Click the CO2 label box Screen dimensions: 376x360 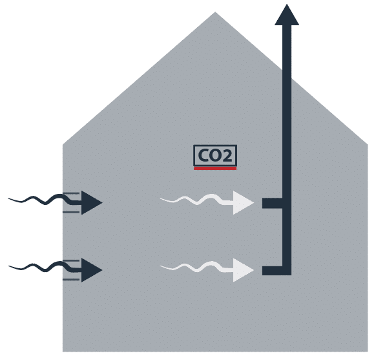pos(215,155)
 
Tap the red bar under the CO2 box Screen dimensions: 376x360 pos(215,169)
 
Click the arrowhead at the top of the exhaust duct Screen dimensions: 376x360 pos(287,14)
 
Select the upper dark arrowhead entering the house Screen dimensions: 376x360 pos(92,203)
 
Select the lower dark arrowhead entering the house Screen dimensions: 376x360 pos(92,270)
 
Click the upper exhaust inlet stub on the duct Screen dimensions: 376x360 pos(273,203)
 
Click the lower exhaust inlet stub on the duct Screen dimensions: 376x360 pos(273,271)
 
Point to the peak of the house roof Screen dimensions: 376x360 pos(215,12)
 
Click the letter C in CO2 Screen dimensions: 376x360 pos(203,155)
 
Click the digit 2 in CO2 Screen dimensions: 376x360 pos(227,155)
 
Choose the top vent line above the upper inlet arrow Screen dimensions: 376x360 pos(71,193)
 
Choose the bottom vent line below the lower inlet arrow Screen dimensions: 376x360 pos(71,279)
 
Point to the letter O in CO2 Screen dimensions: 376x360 pos(215,155)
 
